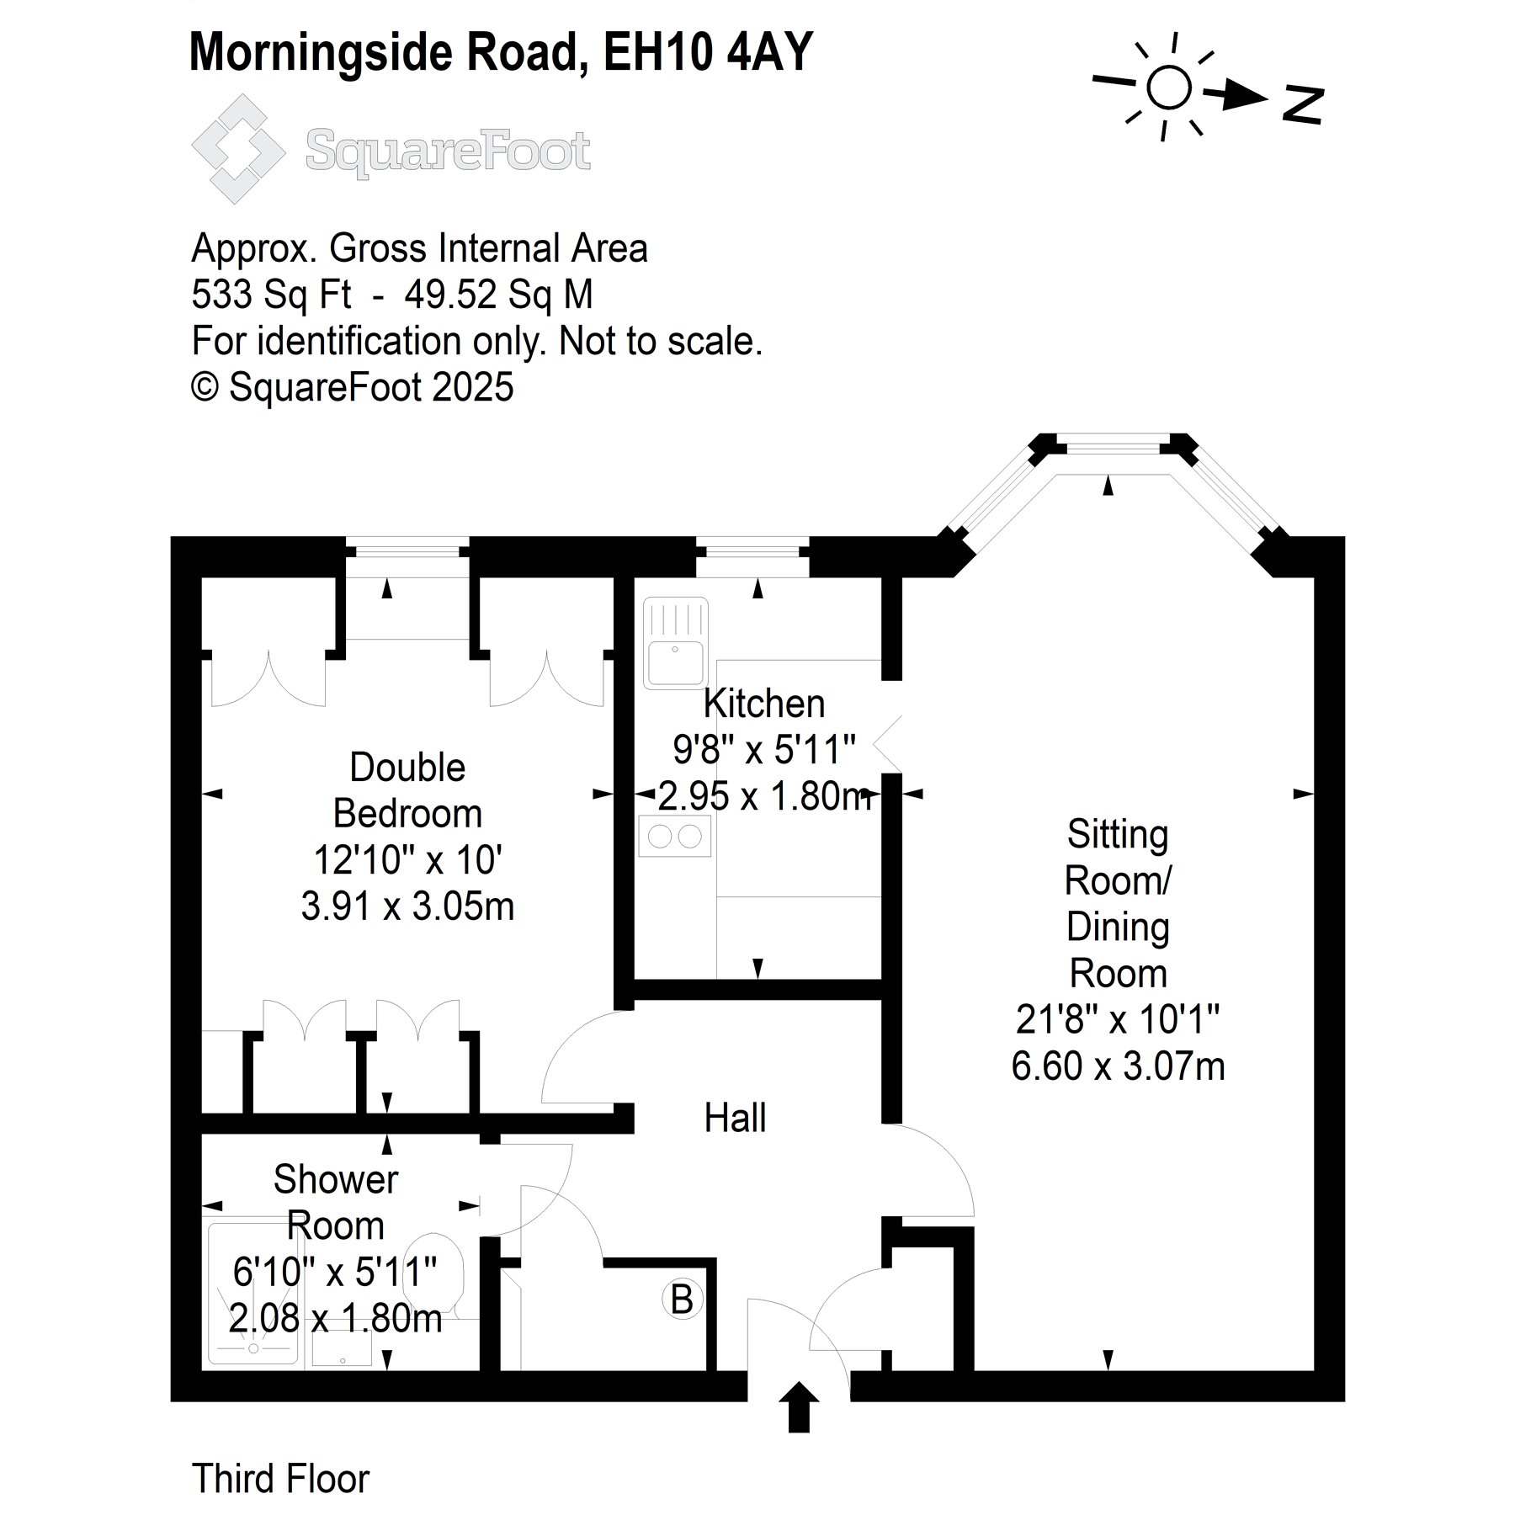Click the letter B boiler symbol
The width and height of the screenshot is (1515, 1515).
click(682, 1299)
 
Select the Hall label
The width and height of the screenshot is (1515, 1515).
click(735, 1119)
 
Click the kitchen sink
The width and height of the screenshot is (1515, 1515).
click(675, 643)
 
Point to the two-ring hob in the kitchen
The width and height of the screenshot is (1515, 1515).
click(675, 837)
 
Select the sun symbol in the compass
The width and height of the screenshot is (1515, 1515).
click(1168, 87)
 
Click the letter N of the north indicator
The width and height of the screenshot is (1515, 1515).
click(1303, 104)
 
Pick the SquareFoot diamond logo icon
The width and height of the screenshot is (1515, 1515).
click(238, 149)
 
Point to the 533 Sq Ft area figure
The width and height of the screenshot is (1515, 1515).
click(272, 295)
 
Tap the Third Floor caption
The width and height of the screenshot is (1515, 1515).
click(280, 1478)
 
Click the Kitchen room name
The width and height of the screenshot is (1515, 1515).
click(764, 704)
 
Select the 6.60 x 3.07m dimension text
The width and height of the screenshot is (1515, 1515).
click(1118, 1066)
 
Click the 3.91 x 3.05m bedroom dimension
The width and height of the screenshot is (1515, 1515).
click(407, 906)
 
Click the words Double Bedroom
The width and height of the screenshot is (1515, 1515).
click(407, 790)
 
